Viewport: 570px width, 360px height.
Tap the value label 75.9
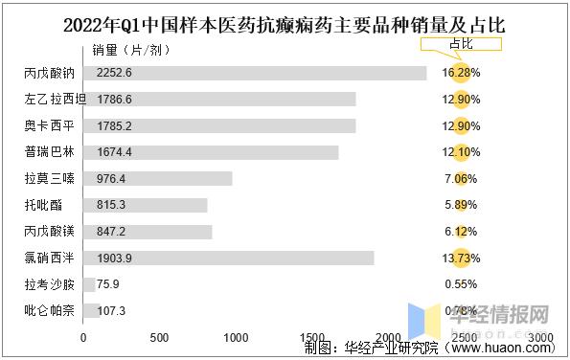pyautogui.click(x=107, y=284)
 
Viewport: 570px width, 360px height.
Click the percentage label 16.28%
pyautogui.click(x=460, y=73)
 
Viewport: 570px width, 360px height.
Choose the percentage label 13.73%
pyautogui.click(x=460, y=258)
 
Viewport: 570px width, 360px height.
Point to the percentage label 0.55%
pyautogui.click(x=460, y=284)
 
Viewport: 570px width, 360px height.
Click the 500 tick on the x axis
pyautogui.click(x=160, y=338)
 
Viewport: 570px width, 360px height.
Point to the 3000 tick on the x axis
pyautogui.click(x=539, y=338)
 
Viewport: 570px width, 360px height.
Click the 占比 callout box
pyautogui.click(x=460, y=43)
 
